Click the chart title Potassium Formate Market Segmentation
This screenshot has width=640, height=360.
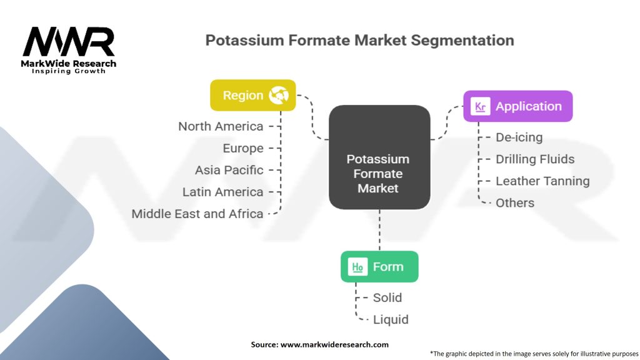click(x=359, y=41)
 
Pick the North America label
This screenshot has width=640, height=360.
click(x=221, y=126)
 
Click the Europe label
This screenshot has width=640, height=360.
click(x=243, y=148)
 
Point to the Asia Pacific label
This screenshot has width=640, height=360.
click(x=229, y=170)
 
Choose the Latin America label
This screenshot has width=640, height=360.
click(x=222, y=192)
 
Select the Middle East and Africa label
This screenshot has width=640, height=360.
click(x=197, y=214)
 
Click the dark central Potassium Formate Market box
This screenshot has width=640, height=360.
click(x=379, y=157)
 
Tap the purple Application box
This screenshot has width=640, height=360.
click(x=517, y=106)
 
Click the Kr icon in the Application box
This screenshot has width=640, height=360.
click(x=480, y=106)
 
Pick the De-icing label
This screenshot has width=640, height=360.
click(x=519, y=137)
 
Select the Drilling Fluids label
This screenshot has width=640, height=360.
click(x=535, y=159)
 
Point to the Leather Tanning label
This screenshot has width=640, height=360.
click(x=542, y=181)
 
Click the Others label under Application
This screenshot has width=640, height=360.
click(x=515, y=203)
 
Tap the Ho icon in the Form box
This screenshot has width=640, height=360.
click(x=357, y=267)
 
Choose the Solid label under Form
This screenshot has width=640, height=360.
click(x=387, y=298)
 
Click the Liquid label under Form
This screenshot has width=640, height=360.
click(x=391, y=320)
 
